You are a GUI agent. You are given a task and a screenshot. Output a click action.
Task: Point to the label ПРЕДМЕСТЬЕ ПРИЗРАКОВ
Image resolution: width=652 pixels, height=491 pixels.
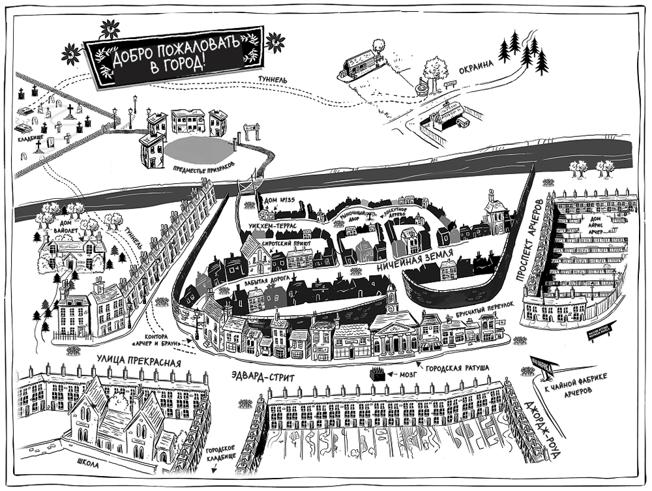202,167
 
